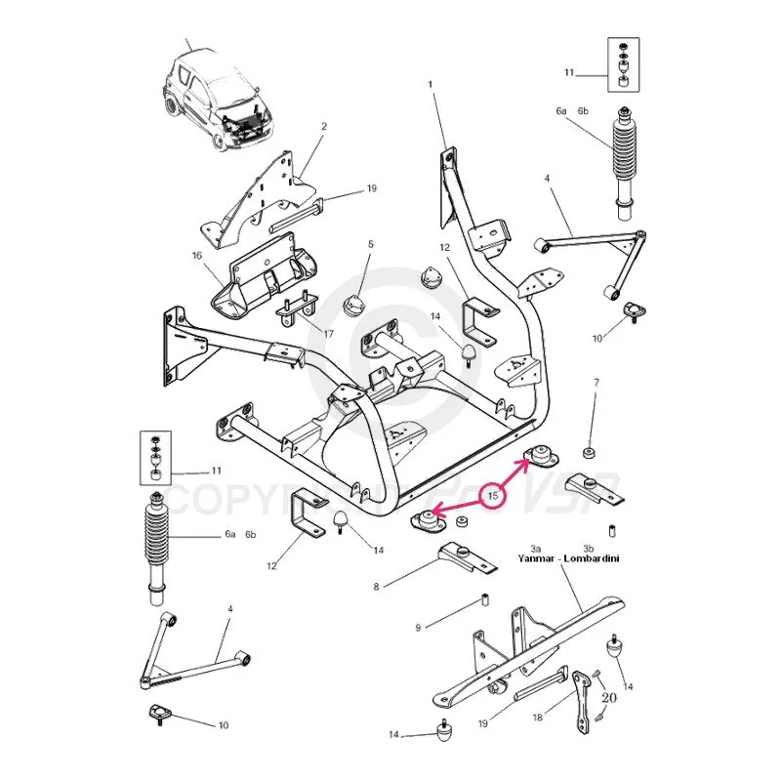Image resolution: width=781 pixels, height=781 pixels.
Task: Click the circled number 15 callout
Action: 494,496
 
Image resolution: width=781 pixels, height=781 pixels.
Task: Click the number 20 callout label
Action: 610,697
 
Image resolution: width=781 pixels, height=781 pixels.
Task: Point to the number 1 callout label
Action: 430,86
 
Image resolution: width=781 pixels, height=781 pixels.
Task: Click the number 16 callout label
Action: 196,255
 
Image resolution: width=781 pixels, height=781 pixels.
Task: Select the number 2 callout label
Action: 323,126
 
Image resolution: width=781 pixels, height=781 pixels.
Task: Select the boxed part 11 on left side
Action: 155,457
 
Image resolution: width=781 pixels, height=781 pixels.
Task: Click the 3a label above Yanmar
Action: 537,550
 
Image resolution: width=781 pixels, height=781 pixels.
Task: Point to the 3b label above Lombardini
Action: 589,550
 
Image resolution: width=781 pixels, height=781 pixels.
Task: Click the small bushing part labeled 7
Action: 590,452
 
